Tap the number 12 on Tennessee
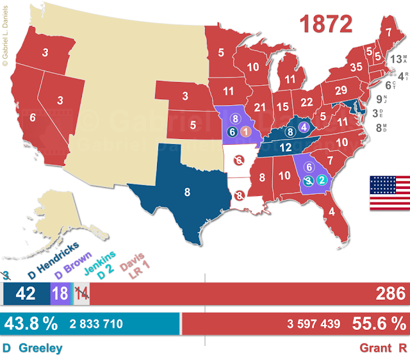285,147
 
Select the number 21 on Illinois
259,106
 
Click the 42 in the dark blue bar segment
26,295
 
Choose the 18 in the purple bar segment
60,295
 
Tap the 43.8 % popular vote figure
30,323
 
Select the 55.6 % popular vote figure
379,323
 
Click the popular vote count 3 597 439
314,324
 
